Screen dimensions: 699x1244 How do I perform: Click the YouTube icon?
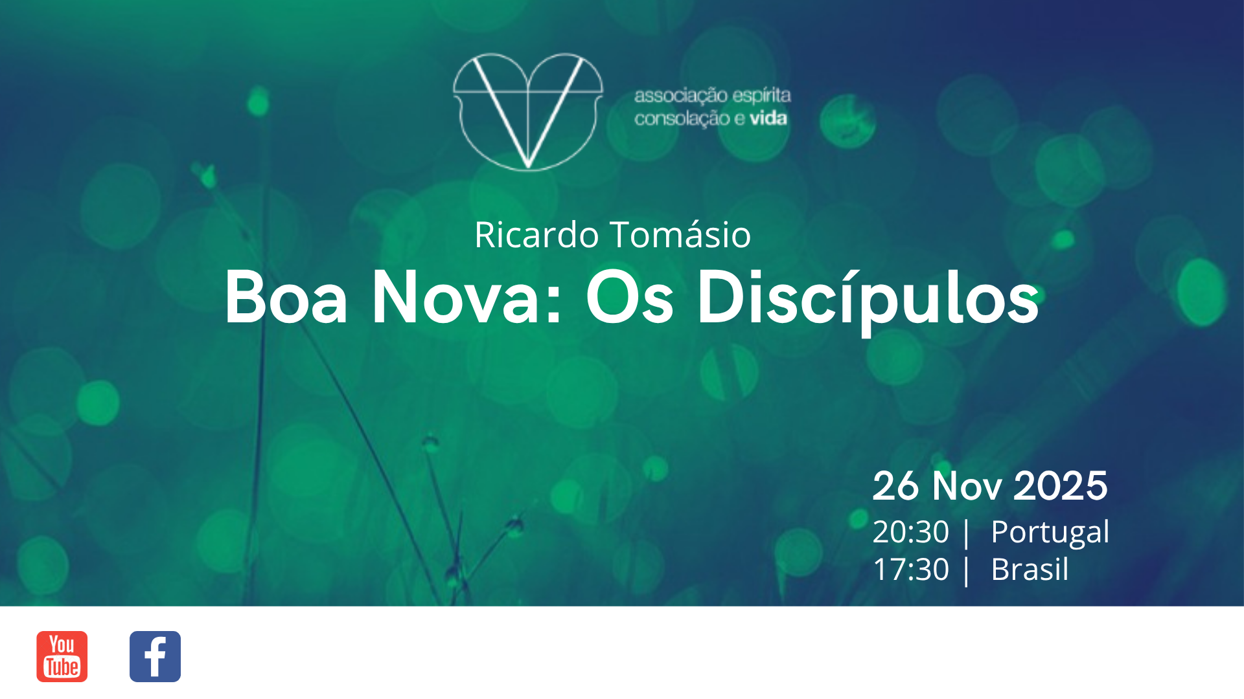62,656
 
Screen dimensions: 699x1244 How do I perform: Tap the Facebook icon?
155,656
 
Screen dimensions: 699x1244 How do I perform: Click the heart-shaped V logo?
528,111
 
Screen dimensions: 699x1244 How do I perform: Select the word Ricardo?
536,234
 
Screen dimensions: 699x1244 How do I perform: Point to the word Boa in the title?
286,298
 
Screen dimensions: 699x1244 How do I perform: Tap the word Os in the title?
630,298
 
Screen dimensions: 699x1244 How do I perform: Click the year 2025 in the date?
1061,485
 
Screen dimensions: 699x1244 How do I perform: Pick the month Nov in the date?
967,485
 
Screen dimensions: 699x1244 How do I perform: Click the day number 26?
895,485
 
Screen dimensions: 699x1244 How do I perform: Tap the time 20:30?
910,532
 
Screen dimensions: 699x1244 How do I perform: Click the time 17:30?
910,570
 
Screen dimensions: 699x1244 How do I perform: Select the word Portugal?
1050,532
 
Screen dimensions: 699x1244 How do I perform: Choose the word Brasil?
1030,570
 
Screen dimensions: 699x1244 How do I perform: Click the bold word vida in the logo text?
768,118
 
